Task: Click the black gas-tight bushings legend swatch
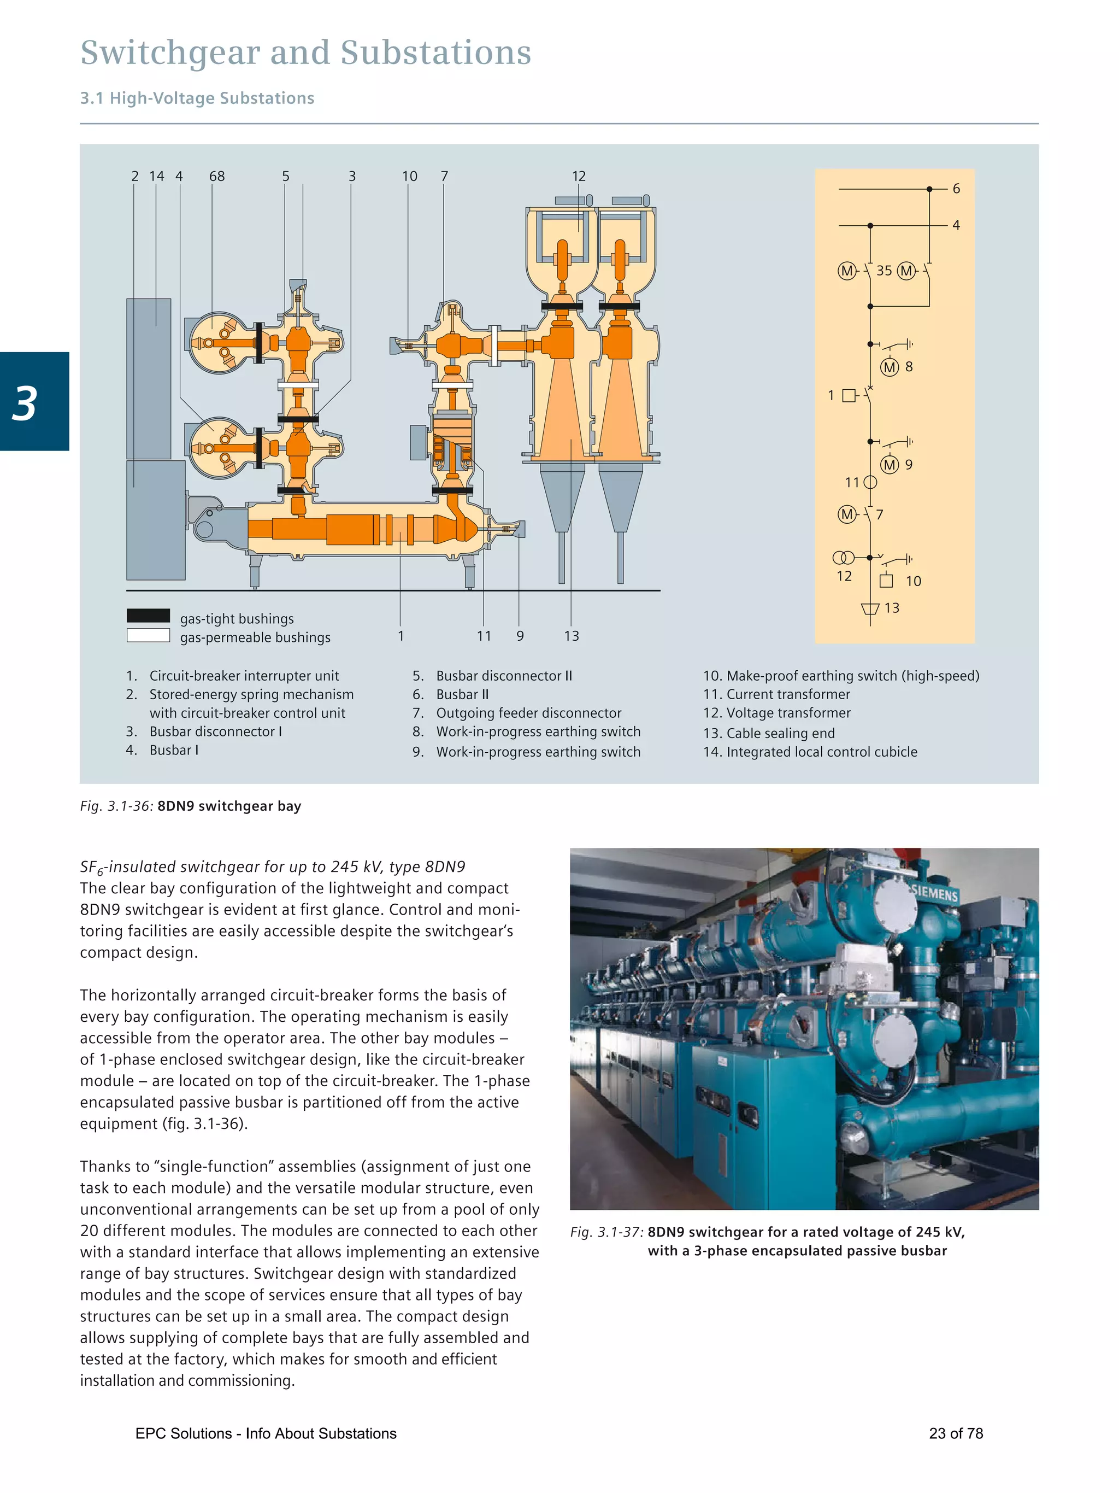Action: click(x=149, y=616)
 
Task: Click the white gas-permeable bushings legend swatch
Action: click(x=149, y=635)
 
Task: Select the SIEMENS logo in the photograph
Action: click(x=934, y=894)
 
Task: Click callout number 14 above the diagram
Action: click(x=156, y=176)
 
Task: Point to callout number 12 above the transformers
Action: click(x=579, y=176)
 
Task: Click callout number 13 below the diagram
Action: click(x=572, y=636)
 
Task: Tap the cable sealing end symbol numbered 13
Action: click(x=870, y=610)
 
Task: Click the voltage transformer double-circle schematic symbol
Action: click(x=843, y=558)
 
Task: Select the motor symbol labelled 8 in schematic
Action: click(x=890, y=367)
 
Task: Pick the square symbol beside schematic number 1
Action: click(x=849, y=395)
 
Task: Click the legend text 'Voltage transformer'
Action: click(x=788, y=713)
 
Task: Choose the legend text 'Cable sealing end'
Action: click(x=780, y=733)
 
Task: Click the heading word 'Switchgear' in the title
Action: click(x=170, y=52)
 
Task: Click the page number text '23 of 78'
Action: click(x=956, y=1433)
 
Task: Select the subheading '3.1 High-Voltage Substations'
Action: click(x=197, y=98)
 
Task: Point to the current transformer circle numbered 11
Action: click(x=870, y=483)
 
